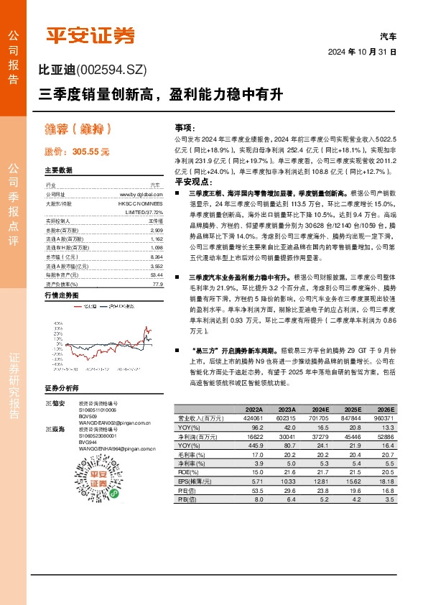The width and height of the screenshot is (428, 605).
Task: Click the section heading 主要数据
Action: click(59, 171)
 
